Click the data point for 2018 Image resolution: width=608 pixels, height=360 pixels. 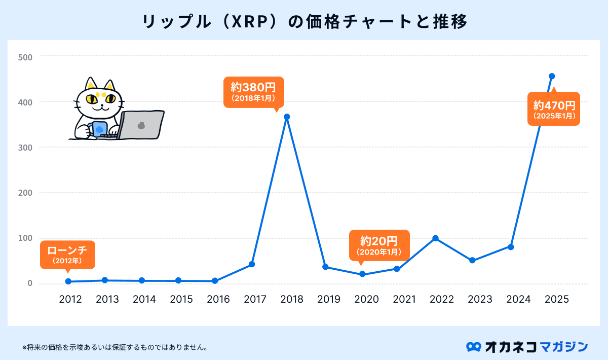pos(287,117)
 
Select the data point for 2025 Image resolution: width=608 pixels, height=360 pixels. pos(552,76)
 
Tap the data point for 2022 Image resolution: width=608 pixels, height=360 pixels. pos(435,238)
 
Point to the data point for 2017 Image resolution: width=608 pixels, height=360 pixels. pos(252,264)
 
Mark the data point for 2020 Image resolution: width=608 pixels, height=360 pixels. pos(362,274)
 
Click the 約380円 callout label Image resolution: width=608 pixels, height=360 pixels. pos(254,91)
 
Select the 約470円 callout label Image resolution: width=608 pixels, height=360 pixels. pos(554,109)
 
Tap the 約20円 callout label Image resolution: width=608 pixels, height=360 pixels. pos(379,245)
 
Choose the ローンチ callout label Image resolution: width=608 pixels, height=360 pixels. pos(67,255)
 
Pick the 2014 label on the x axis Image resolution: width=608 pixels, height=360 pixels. pos(144,299)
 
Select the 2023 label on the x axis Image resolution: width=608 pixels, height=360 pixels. pos(480,299)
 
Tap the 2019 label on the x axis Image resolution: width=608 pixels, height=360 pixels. pos(329,299)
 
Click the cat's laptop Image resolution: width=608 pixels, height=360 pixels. pos(141,124)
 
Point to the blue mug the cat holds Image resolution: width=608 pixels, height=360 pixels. pos(99,129)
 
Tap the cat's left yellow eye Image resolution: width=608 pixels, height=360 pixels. pos(91,99)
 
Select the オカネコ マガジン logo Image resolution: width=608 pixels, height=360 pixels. pos(527,347)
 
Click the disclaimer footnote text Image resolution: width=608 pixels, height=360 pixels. pos(115,348)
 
